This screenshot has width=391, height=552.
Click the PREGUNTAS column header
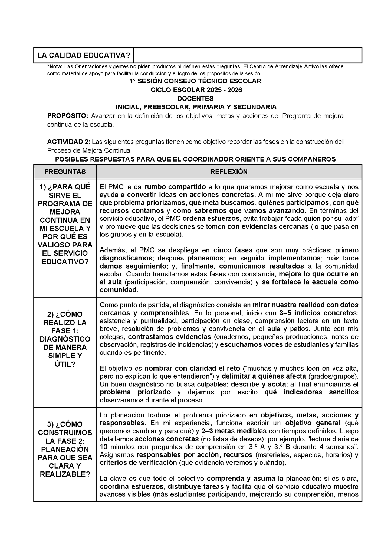point(65,172)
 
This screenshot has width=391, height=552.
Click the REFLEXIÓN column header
point(229,172)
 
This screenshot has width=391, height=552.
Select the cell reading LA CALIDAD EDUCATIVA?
point(84,55)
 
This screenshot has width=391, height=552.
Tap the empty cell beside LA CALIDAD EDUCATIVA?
point(248,55)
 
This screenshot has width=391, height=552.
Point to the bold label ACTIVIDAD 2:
point(69,142)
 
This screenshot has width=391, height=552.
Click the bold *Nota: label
point(55,66)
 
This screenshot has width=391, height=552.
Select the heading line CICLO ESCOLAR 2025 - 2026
point(196,90)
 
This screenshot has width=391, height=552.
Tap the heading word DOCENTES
point(195,98)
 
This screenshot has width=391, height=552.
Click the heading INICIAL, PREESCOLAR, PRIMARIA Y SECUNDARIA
point(196,107)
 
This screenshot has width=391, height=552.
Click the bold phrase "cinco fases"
point(233,250)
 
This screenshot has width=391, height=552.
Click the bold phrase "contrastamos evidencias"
point(169,337)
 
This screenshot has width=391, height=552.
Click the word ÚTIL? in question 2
point(65,364)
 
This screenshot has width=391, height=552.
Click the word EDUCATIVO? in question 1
point(65,262)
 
